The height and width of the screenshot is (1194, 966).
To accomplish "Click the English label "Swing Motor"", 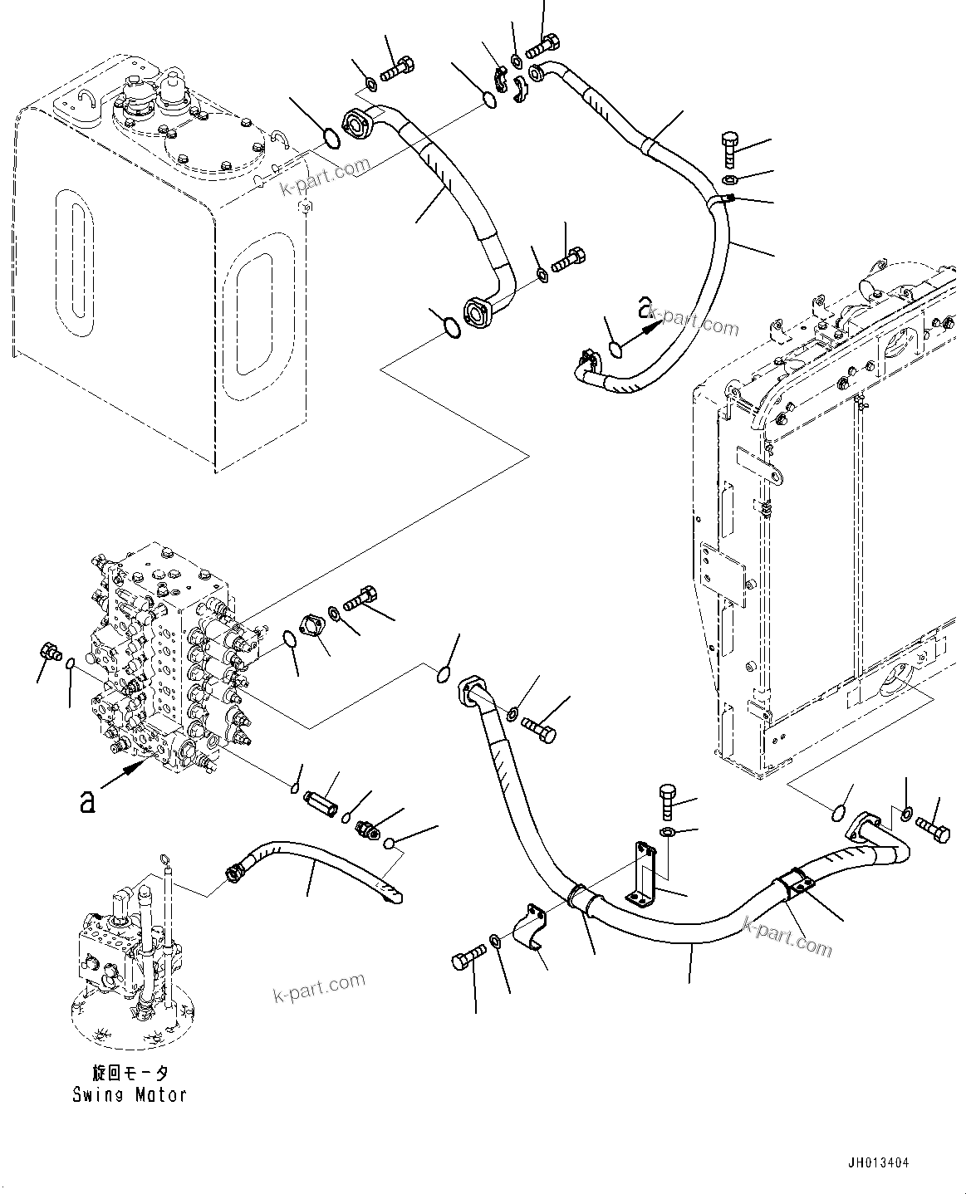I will pos(129,1094).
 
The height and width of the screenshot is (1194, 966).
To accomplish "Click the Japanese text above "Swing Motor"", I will pos(130,1073).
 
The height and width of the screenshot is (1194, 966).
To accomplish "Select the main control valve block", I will pos(166,656).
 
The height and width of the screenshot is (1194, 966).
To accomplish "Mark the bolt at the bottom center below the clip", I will pos(466,962).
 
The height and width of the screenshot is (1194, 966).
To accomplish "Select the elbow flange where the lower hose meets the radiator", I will pos(865,829).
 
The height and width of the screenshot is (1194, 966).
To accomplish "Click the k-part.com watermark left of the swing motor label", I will pos(319,986).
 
